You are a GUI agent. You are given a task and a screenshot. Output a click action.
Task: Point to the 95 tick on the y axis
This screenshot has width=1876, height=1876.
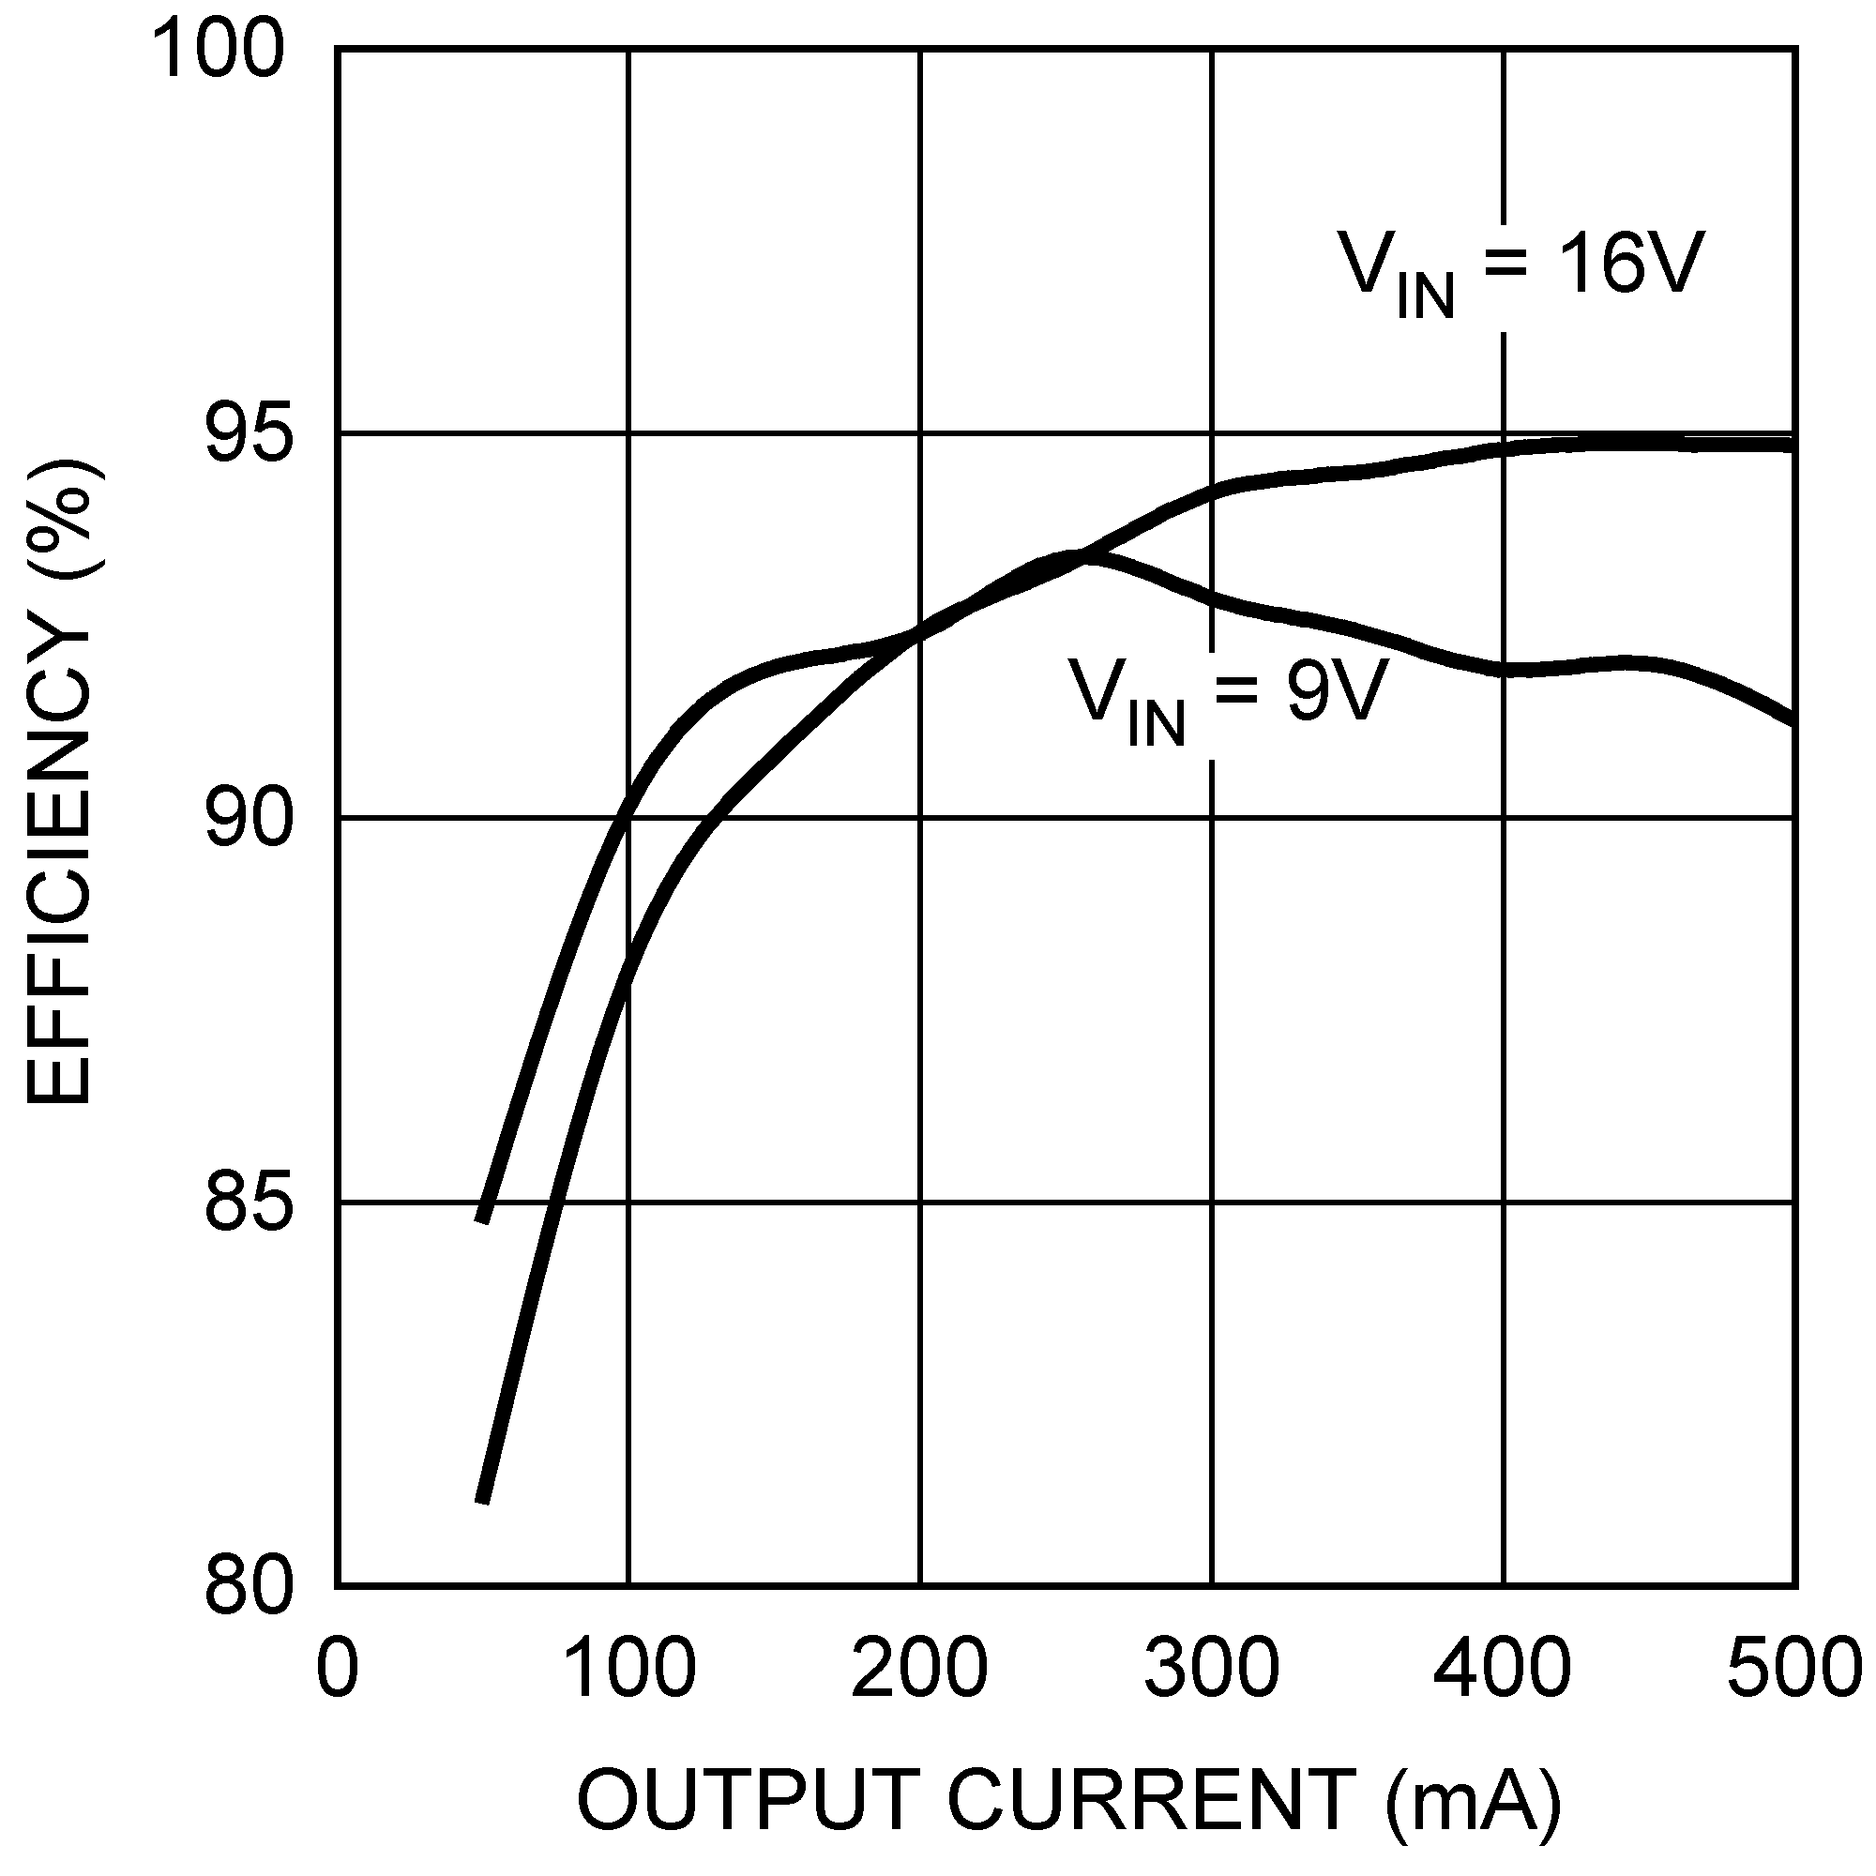tap(248, 435)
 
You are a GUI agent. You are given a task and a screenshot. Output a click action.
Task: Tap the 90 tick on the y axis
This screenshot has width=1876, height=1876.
tap(248, 819)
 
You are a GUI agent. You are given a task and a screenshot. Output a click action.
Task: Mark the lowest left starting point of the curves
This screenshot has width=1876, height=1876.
tap(481, 1501)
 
